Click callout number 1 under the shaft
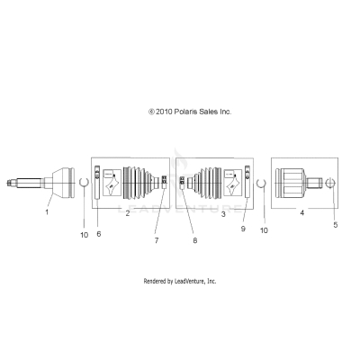[x=48, y=213]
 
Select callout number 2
[x=127, y=213]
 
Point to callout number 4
[x=301, y=213]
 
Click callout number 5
[x=336, y=225]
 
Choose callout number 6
[x=98, y=233]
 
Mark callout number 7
[x=155, y=241]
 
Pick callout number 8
[x=193, y=241]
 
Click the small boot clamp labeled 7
[x=164, y=184]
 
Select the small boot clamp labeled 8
[x=183, y=184]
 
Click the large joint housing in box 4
[x=292, y=184]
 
